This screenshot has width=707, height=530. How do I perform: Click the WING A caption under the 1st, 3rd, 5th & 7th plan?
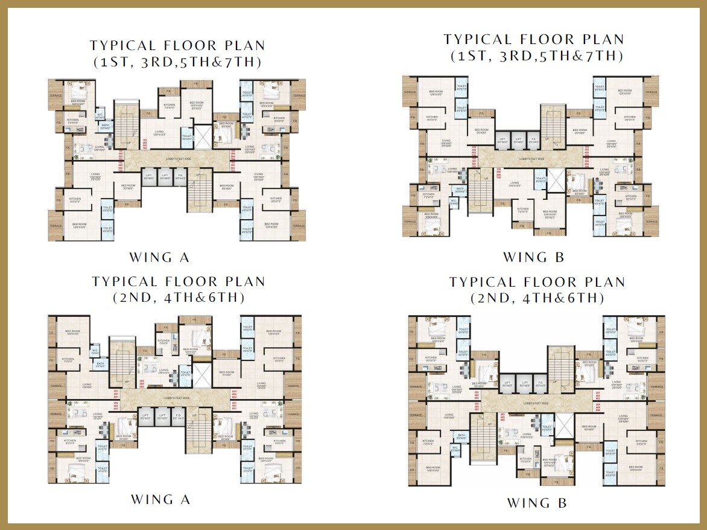[x=159, y=257]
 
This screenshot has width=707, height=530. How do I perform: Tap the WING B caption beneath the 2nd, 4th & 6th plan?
[x=536, y=503]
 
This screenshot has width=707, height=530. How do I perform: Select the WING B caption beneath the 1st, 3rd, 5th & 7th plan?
[x=534, y=257]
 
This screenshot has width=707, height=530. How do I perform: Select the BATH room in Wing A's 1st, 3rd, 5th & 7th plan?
[x=105, y=126]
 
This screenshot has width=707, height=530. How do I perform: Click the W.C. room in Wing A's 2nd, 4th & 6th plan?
[x=95, y=352]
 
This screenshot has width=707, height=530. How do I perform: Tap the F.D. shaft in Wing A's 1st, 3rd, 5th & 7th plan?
[x=179, y=178]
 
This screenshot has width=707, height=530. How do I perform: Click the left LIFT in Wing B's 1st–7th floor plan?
[x=502, y=140]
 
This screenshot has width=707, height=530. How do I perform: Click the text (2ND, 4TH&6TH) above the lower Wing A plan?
[x=178, y=298]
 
